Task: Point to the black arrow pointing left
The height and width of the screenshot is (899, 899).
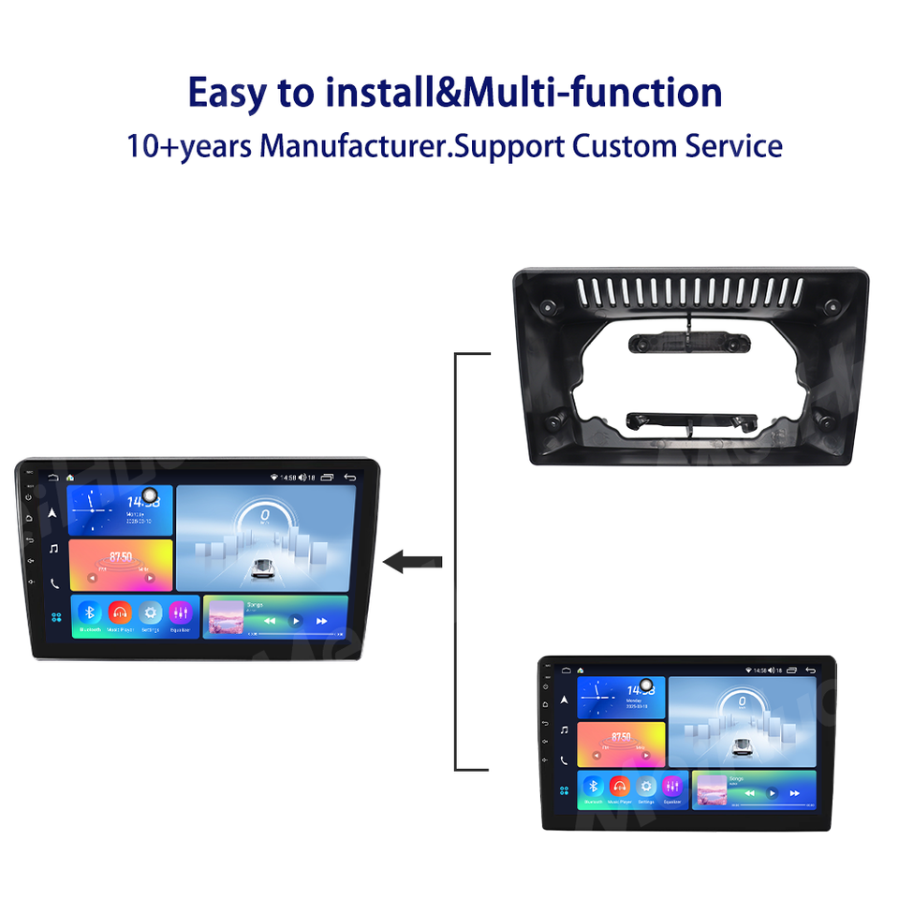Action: click(412, 562)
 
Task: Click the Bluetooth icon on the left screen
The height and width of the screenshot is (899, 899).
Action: click(89, 612)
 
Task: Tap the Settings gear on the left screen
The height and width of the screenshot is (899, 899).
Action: click(151, 612)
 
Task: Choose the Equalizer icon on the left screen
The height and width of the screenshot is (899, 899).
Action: click(181, 612)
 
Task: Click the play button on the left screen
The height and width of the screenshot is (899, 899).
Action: click(295, 621)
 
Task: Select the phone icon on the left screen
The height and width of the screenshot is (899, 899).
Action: click(54, 582)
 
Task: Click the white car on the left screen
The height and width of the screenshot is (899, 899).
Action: click(265, 567)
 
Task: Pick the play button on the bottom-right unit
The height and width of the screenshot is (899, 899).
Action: click(772, 792)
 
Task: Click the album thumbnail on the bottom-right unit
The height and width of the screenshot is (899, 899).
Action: click(711, 790)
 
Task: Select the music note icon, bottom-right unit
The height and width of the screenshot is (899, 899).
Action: click(564, 730)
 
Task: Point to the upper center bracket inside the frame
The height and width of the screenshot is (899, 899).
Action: click(687, 343)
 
